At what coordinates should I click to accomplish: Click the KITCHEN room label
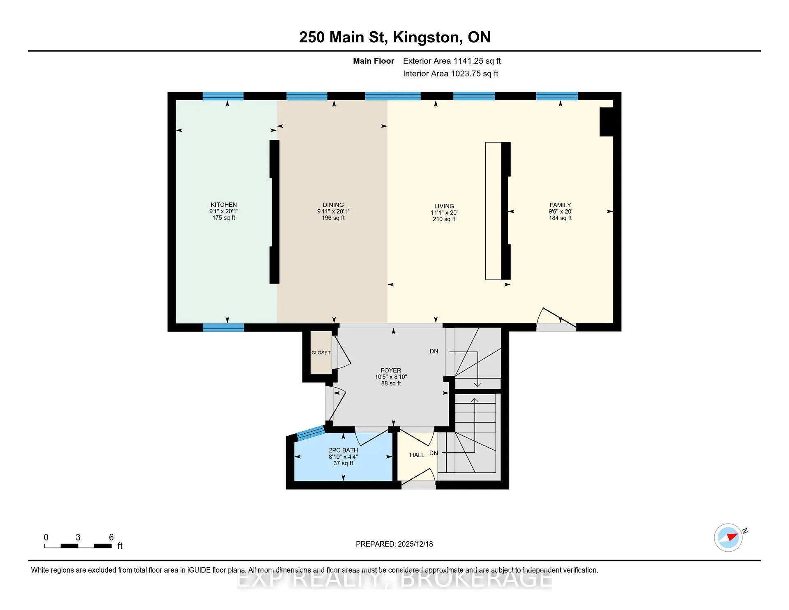tap(224, 205)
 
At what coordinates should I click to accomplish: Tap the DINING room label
tap(333, 205)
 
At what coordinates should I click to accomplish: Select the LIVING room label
tap(444, 206)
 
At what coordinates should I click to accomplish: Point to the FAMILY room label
tap(560, 205)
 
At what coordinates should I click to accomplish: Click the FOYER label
tap(391, 370)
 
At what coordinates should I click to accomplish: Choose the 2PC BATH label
tap(343, 450)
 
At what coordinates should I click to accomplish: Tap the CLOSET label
tap(321, 353)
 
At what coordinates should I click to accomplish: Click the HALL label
tap(417, 455)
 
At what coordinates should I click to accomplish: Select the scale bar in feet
tap(78, 546)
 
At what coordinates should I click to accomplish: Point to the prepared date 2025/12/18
tap(415, 544)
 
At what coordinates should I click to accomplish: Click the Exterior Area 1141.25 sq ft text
tap(452, 61)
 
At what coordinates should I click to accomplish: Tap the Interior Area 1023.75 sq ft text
tap(450, 74)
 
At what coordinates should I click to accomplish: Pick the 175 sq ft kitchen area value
tap(224, 218)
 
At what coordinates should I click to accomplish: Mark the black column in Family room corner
tap(607, 122)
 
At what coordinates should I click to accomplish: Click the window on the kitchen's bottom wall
tap(224, 327)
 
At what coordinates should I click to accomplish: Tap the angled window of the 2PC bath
tap(310, 432)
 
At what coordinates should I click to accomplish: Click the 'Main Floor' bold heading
tap(374, 61)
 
